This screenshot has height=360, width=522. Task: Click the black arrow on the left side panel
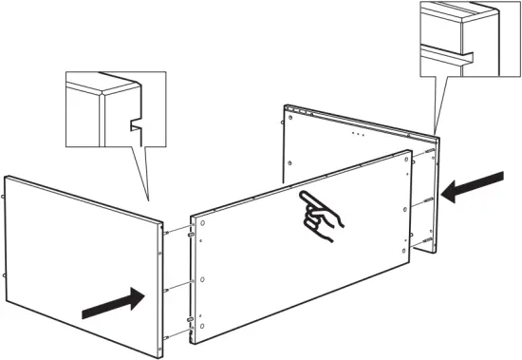(x=112, y=303)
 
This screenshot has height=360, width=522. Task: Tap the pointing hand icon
(x=320, y=218)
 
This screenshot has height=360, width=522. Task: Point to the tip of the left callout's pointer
(x=150, y=200)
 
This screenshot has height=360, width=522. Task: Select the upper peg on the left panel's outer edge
(x=8, y=199)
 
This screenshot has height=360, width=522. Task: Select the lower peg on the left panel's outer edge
(x=8, y=275)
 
